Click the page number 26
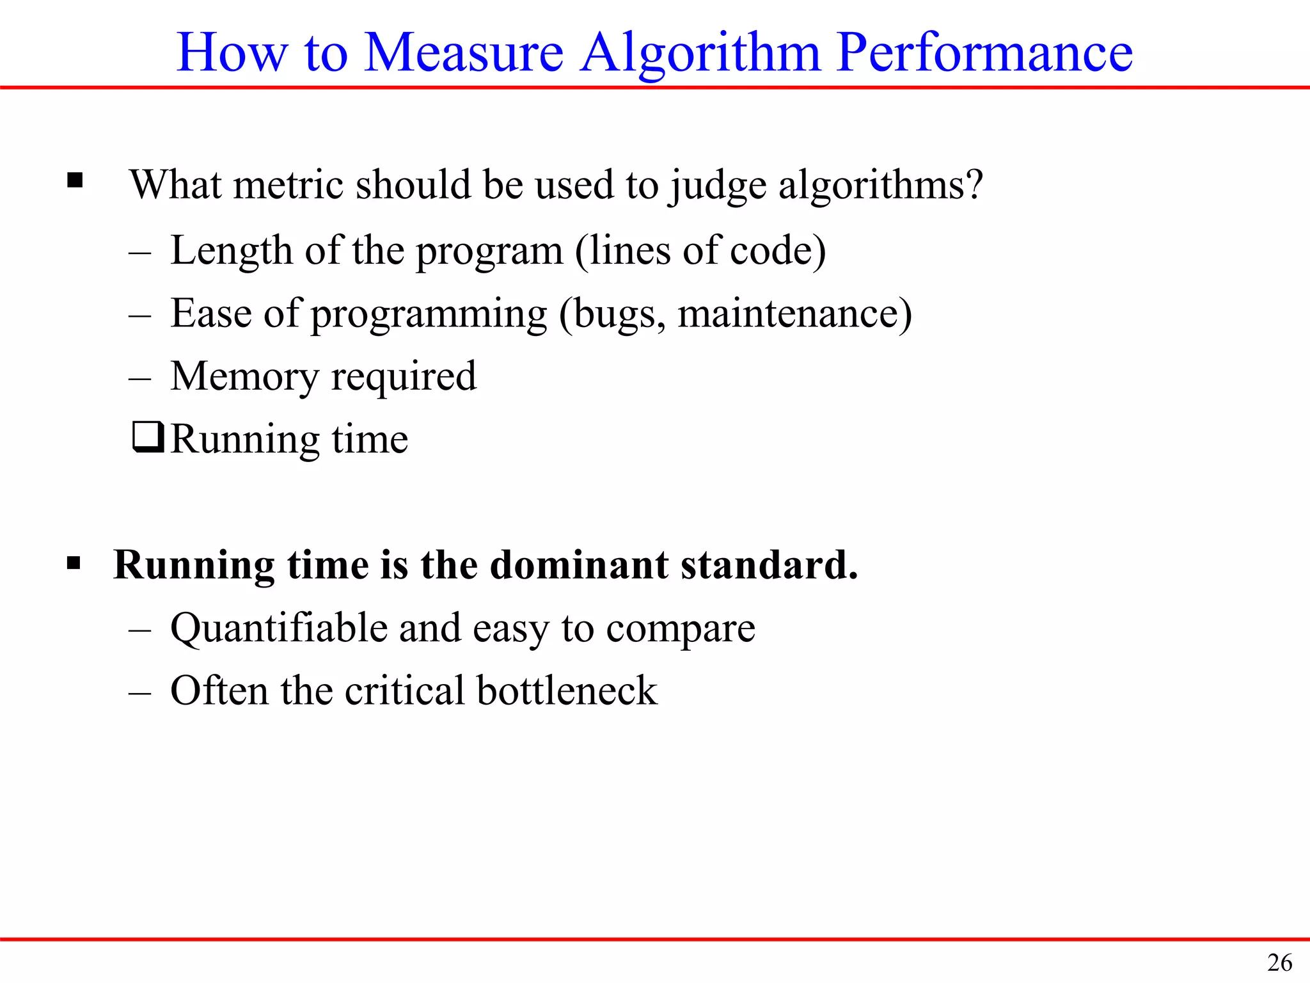pos(1279,963)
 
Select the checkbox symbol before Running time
pos(148,437)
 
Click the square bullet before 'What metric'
pos(75,181)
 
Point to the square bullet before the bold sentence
pos(74,564)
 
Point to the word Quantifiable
pos(278,628)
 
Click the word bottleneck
pos(567,691)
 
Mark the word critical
pos(404,691)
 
